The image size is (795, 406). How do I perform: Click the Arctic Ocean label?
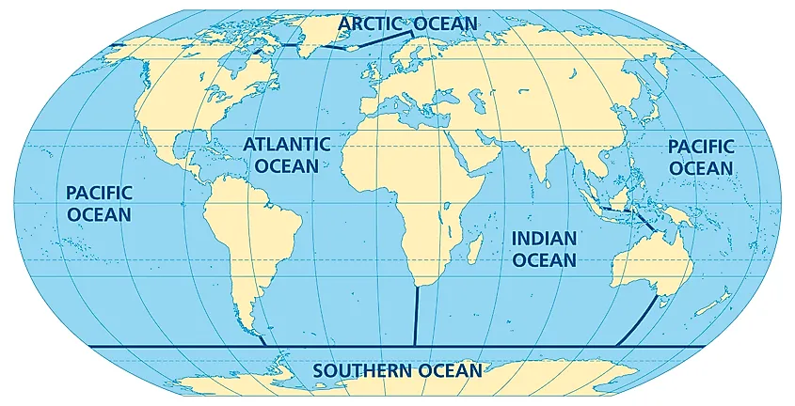(x=408, y=22)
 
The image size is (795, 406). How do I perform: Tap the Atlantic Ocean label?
(x=287, y=154)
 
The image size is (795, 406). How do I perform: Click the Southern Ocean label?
(x=397, y=370)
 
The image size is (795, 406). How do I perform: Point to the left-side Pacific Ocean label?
(x=99, y=203)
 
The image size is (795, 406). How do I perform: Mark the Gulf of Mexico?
(x=188, y=156)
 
